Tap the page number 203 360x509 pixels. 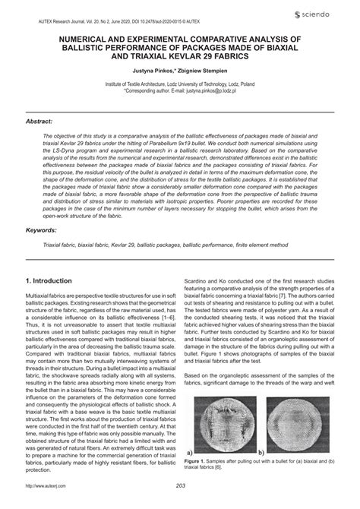point(180,486)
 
